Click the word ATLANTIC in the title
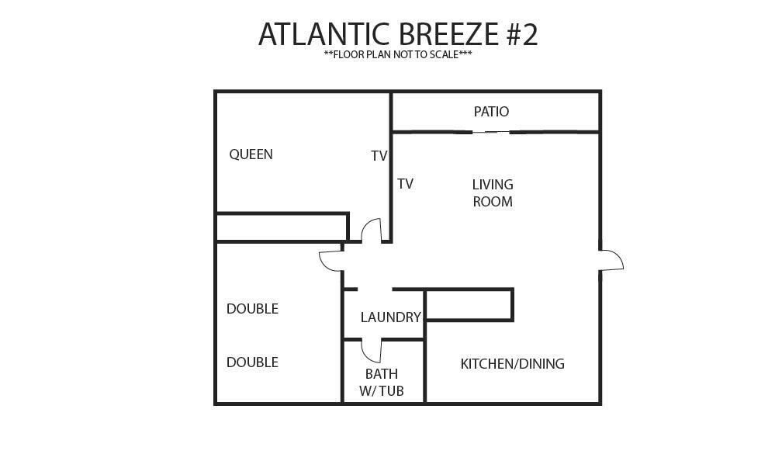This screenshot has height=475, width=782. pos(324,34)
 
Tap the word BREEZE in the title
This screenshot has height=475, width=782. pos(449,34)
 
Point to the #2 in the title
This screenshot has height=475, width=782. pos(523,34)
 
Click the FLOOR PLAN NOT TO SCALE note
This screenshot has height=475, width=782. pos(398,54)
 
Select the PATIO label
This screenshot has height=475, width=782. pos(491,112)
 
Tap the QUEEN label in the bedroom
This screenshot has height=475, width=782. pos(251,154)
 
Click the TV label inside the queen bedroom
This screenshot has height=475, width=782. pos(379,156)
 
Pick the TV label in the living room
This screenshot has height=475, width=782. pos(406,184)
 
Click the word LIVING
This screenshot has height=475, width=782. pos(493,185)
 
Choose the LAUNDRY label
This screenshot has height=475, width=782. pos(391,317)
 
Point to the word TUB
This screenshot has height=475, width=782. pos(393,391)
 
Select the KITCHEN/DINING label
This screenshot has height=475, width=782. pos(512,364)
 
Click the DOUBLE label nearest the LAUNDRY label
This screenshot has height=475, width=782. pos(252,309)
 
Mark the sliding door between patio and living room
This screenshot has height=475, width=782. pos(491,132)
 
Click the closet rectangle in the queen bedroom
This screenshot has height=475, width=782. pos(282,227)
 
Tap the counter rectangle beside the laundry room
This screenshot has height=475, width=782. pos(469,304)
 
